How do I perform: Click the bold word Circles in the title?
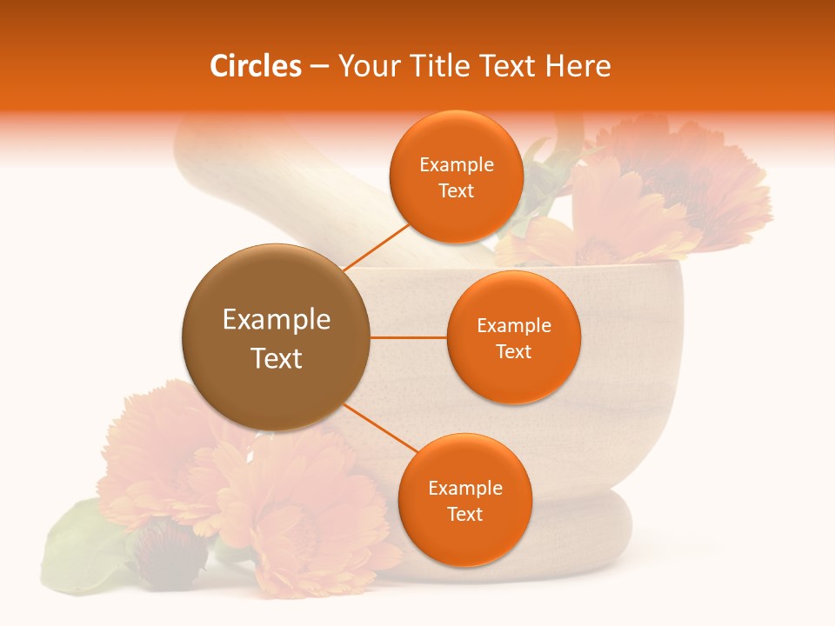[256, 66]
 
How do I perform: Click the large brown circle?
[276, 337]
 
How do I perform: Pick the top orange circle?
[456, 176]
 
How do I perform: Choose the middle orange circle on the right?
[513, 337]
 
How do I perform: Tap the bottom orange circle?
[464, 499]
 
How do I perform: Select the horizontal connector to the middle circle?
[409, 337]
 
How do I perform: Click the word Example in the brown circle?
[277, 319]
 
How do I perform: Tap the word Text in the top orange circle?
[456, 191]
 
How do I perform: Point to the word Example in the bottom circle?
[465, 488]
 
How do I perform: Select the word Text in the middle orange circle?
[513, 352]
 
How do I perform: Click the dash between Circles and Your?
[319, 67]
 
